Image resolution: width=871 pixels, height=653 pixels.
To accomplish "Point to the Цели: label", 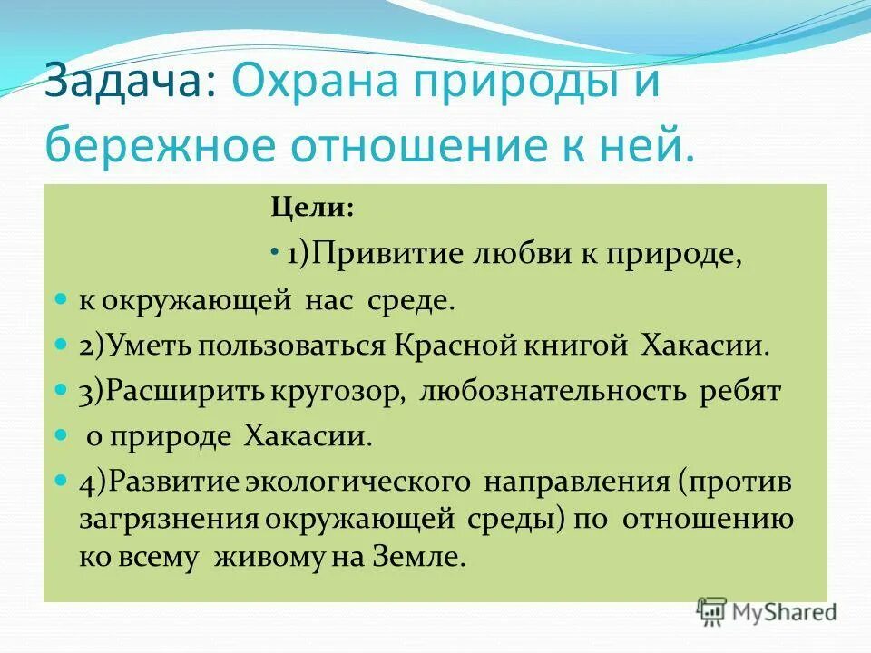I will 312,208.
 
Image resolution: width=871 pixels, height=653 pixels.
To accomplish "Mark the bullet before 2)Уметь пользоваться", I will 62,346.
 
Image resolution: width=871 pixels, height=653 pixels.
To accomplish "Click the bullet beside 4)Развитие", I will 62,481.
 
